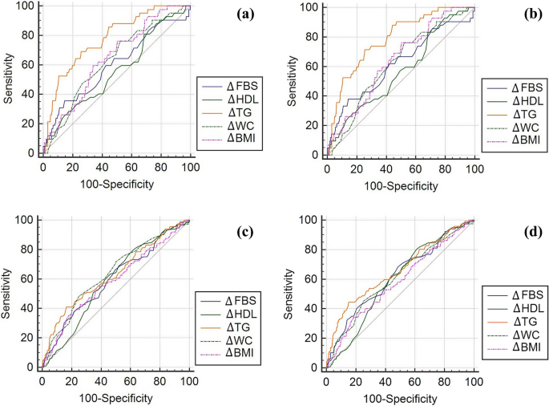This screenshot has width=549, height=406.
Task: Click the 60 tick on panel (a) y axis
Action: [x=29, y=65]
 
